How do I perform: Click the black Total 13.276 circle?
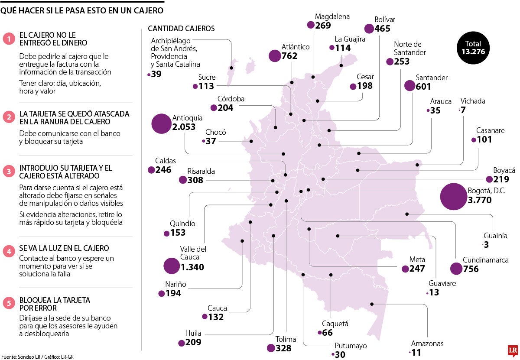(x=473, y=48)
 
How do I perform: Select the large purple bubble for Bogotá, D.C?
(x=453, y=196)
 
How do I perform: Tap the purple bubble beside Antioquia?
(x=161, y=123)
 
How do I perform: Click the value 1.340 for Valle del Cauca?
(x=192, y=267)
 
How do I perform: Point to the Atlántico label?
(x=296, y=47)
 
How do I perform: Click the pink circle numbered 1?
(x=8, y=39)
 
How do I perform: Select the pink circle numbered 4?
(x=8, y=251)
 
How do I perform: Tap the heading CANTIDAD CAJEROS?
(x=181, y=29)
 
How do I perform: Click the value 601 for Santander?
(x=423, y=87)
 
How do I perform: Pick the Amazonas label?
(x=427, y=344)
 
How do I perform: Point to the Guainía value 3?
(x=487, y=245)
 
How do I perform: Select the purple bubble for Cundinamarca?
(x=456, y=269)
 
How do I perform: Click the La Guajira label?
(x=350, y=39)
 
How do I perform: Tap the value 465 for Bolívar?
(x=383, y=29)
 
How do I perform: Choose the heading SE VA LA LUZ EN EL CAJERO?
(x=64, y=248)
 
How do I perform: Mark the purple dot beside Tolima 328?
(x=271, y=348)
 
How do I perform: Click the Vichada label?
(x=473, y=101)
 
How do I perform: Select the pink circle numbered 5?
(x=8, y=303)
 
